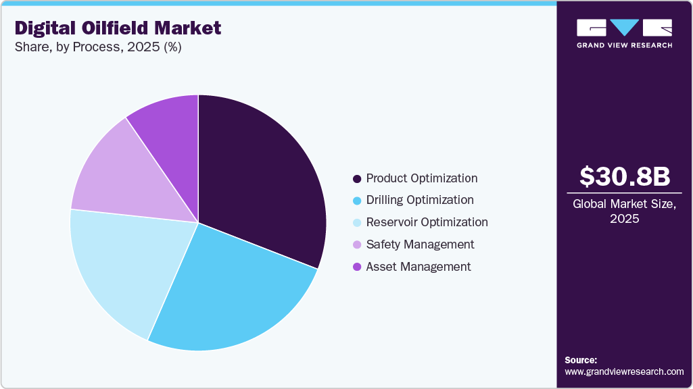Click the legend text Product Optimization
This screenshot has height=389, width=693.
[x=421, y=178]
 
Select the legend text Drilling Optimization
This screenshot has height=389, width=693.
[x=419, y=200]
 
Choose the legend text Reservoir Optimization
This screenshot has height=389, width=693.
[x=427, y=222]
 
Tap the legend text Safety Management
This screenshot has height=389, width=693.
[x=420, y=244]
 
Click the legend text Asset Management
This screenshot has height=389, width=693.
[x=418, y=267]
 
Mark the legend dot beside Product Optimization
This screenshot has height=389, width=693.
[x=356, y=179]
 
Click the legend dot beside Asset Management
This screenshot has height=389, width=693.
[x=356, y=267]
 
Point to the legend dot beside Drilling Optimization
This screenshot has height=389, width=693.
[x=356, y=201]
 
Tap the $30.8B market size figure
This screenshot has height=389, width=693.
[x=625, y=176]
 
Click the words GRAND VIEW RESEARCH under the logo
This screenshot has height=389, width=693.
[x=624, y=45]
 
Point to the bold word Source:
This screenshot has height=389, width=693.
[x=581, y=360]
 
